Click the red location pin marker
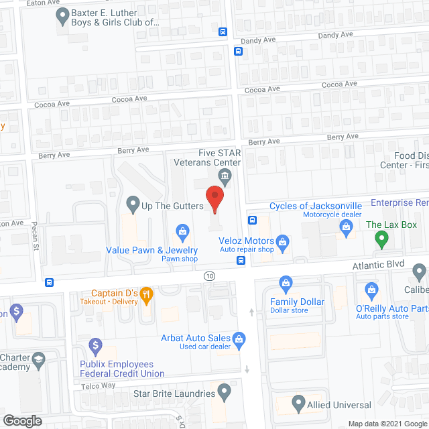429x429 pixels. pos(214,199)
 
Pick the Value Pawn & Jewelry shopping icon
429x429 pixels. pos(181,233)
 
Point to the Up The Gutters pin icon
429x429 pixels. pos(132,202)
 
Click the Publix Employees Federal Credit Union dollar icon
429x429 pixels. pos(95,346)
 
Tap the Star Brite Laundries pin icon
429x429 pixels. pos(225,393)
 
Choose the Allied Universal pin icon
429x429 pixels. pos(299,404)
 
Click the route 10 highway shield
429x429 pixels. pos(210,276)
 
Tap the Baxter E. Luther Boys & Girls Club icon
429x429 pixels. pos(62,13)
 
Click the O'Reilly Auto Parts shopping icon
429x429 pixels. pos(371,290)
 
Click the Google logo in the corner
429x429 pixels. pos(21,420)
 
